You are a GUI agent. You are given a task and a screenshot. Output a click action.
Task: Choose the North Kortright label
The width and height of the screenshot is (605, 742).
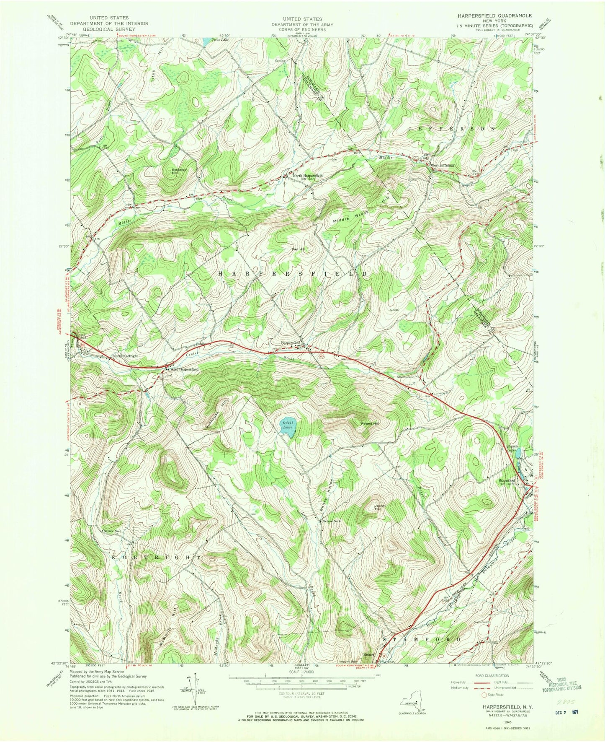(x=125, y=356)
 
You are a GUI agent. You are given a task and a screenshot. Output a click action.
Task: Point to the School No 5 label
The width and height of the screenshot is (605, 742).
(x=113, y=532)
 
